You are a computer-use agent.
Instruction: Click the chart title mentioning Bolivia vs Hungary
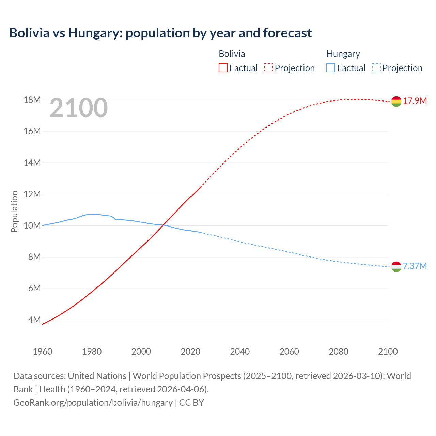(160, 33)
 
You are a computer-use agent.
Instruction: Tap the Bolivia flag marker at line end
(396, 101)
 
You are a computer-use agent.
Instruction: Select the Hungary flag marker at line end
(396, 267)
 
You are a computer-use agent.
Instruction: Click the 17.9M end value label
(415, 101)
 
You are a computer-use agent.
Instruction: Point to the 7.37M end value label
(415, 266)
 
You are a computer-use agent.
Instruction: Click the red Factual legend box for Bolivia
(223, 68)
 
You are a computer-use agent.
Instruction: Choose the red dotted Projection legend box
(268, 68)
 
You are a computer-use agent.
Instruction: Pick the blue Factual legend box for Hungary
(331, 68)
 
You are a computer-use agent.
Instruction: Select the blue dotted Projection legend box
(376, 68)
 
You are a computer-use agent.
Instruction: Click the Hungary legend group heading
(343, 54)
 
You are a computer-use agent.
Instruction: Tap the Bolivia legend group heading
(232, 54)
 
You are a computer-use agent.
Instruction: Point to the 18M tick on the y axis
(32, 100)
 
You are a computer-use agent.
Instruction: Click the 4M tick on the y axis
(34, 320)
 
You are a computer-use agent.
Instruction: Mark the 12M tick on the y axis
(32, 194)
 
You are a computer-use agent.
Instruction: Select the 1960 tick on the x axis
(43, 352)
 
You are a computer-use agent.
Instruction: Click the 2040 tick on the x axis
(240, 352)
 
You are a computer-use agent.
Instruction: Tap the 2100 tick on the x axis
(388, 352)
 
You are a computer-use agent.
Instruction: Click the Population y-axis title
(14, 212)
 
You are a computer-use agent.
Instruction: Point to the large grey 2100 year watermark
(79, 108)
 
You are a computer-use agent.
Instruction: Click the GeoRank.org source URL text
(93, 402)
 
